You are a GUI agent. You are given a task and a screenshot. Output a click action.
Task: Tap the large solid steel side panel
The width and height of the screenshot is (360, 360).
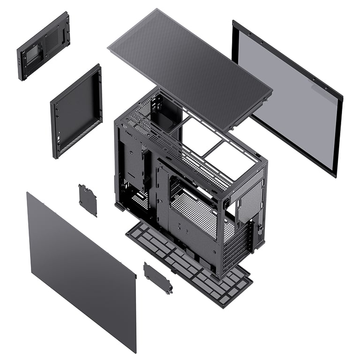[x=80, y=267]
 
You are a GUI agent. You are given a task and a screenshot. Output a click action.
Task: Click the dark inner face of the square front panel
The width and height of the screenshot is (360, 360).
[x=75, y=112]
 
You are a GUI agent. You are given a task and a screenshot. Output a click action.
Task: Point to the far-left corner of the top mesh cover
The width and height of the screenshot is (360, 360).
[x=108, y=47]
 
